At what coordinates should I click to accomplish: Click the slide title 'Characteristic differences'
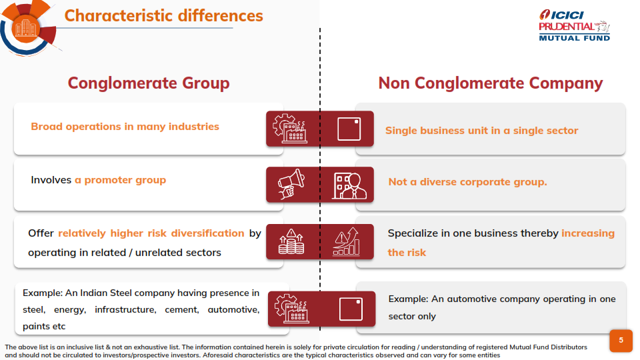(x=164, y=16)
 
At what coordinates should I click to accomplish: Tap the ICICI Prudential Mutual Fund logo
(x=574, y=25)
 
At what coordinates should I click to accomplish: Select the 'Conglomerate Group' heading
(x=149, y=83)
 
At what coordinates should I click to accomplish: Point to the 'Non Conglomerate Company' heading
(x=490, y=83)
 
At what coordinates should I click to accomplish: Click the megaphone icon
(x=291, y=184)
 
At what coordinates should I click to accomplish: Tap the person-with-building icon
(x=349, y=185)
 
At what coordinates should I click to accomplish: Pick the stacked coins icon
(x=291, y=241)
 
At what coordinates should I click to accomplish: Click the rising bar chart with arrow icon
(x=347, y=241)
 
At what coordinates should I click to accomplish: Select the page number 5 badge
(x=621, y=341)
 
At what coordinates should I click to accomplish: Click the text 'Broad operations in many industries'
(x=125, y=127)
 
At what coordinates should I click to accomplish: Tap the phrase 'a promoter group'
(x=121, y=180)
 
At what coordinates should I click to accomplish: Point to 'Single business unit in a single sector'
(x=481, y=131)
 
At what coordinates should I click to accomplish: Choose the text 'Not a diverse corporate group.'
(x=467, y=182)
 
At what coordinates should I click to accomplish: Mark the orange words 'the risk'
(x=407, y=253)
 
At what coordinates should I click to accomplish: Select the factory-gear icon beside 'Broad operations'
(x=290, y=128)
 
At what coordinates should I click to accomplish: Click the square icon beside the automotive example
(x=351, y=309)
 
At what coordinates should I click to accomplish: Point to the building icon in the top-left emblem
(x=25, y=28)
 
